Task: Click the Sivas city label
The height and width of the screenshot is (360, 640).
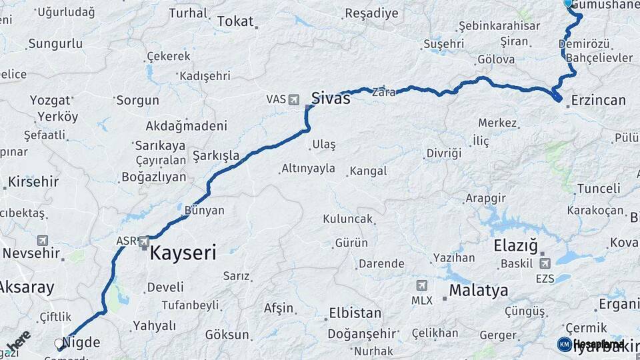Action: click(331, 99)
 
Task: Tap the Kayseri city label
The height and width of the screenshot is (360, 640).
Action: click(183, 253)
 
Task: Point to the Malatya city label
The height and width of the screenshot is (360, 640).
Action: click(478, 291)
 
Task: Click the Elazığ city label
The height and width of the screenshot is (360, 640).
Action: click(515, 245)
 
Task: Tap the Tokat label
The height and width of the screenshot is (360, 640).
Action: click(235, 21)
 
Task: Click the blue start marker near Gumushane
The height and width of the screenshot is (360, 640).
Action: click(568, 3)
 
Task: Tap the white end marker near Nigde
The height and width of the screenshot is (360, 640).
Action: click(59, 344)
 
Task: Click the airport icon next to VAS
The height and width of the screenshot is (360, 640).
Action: click(294, 99)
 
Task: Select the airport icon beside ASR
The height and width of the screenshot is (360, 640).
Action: click(143, 241)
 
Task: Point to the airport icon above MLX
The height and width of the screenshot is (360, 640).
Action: click(421, 285)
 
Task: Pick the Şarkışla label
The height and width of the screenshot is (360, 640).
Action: click(215, 156)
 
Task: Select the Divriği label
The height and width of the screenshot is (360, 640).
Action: click(444, 153)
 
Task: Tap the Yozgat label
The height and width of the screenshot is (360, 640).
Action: click(50, 101)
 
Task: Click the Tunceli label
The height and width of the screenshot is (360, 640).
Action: click(598, 189)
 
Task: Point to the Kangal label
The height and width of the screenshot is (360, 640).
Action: click(368, 171)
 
